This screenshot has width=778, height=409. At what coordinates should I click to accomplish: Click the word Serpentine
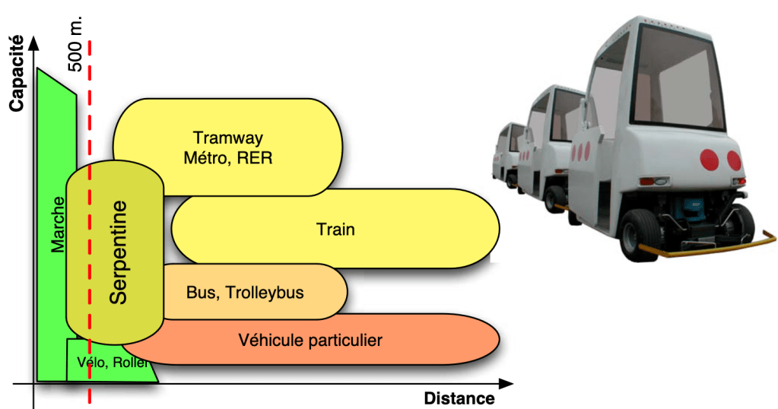(118, 253)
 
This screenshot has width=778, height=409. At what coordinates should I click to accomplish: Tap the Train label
(336, 229)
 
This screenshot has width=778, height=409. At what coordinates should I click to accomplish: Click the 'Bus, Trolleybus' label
(245, 292)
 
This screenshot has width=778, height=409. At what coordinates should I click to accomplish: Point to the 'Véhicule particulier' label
(310, 340)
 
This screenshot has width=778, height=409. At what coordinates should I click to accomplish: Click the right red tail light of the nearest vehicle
(733, 160)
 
